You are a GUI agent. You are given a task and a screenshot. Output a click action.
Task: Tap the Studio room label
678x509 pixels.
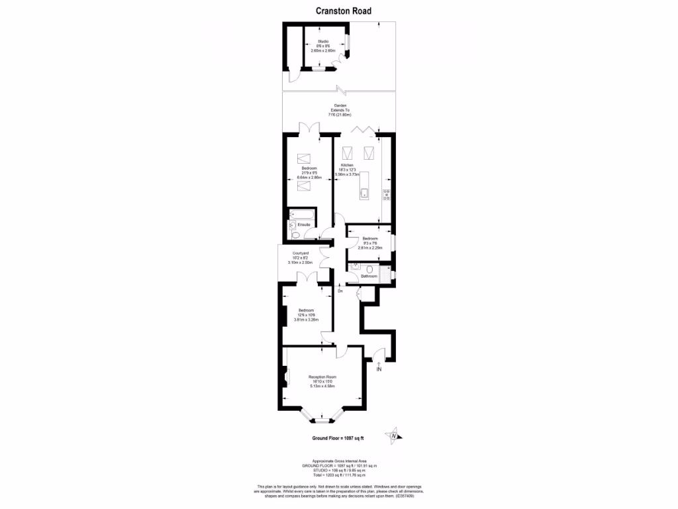click(x=323, y=42)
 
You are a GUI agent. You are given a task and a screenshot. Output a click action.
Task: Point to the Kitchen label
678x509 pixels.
click(x=347, y=165)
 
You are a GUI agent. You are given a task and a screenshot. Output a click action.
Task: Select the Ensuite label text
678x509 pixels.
click(x=304, y=225)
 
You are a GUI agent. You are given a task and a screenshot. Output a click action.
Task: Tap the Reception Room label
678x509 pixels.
click(x=322, y=377)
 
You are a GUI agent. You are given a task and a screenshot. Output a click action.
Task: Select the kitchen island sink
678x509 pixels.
click(x=364, y=194)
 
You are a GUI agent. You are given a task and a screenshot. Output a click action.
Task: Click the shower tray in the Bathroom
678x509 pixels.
click(x=383, y=273)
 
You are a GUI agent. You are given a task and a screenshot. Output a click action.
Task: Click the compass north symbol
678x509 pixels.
click(x=394, y=435)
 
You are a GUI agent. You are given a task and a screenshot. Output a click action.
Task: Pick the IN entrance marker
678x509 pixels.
click(x=379, y=369)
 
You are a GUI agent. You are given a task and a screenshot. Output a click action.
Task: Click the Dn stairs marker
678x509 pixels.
click(x=340, y=290)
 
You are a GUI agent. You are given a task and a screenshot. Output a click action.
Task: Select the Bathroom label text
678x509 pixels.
click(x=369, y=276)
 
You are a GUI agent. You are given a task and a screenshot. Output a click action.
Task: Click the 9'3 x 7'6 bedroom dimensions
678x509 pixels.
click(x=369, y=243)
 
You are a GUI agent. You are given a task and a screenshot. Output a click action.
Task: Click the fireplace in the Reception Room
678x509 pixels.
click(x=287, y=377)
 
